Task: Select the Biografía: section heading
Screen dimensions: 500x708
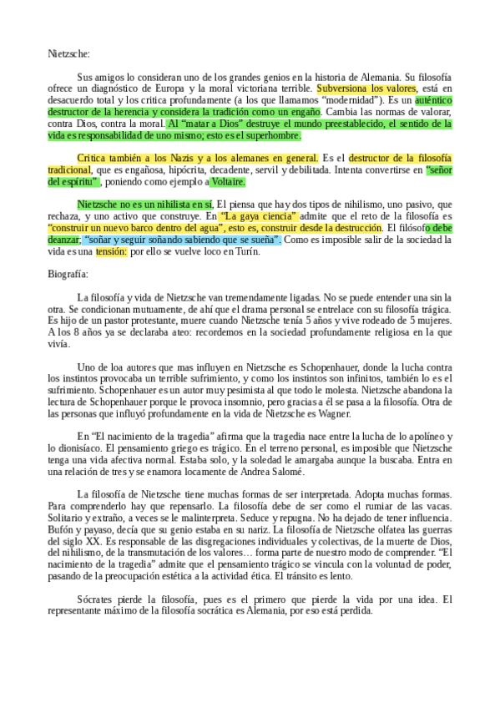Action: pyautogui.click(x=69, y=273)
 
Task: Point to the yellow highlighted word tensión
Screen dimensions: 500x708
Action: pyautogui.click(x=111, y=252)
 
